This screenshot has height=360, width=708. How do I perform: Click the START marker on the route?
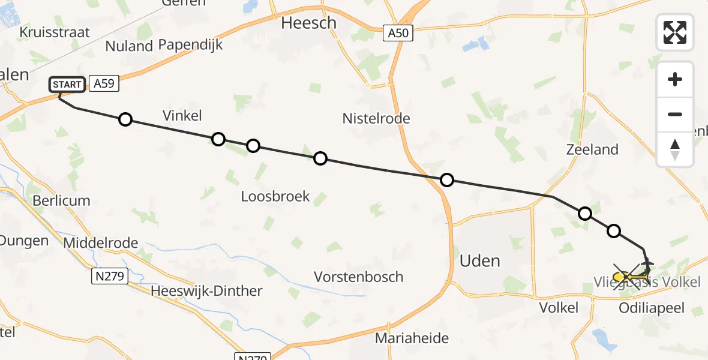coord(67,85)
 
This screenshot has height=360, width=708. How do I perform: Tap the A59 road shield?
coord(104,85)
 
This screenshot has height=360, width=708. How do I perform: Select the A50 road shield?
coord(398,33)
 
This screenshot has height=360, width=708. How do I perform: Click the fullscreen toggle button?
coord(675,32)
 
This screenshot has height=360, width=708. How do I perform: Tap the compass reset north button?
coord(675,149)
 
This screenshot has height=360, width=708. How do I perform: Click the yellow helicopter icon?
coord(624,277)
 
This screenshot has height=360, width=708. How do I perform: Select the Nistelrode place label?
coord(376,118)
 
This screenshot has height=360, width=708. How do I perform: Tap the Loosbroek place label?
coord(275,196)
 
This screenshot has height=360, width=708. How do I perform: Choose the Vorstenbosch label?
coord(359,277)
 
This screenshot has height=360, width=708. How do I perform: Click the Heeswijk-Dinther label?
coord(206,292)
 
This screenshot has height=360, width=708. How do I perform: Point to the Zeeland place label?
coord(592,149)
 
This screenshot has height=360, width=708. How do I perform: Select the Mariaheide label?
coord(412,338)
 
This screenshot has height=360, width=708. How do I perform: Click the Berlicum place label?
coord(62,200)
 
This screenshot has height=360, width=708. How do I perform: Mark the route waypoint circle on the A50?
coord(447,180)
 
